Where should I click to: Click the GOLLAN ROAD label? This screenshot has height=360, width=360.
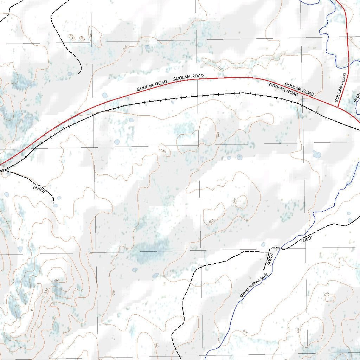coord(341,88)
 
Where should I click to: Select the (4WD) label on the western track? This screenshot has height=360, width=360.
coord(39,188)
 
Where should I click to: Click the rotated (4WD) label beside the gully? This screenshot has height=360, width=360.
coord(270,259)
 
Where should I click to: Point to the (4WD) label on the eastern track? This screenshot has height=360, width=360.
coord(307,240)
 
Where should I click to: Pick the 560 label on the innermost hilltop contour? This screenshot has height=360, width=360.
coord(57,280)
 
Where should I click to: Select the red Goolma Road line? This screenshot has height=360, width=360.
coord(105,102)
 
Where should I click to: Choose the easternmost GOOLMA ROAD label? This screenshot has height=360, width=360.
coord(299,89)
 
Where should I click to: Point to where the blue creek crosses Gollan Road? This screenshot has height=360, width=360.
coord(348,66)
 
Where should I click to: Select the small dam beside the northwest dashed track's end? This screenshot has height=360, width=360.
coord(70,74)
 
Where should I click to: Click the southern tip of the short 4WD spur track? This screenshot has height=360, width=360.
coord(53,203)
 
